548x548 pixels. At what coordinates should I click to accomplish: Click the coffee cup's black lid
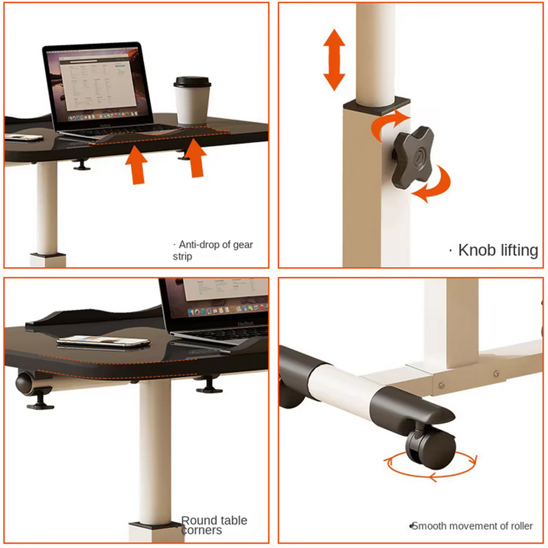pyautogui.click(x=192, y=82)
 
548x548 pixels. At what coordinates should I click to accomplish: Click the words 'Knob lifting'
pyautogui.click(x=498, y=250)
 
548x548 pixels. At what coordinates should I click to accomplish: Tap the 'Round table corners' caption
pyautogui.click(x=214, y=525)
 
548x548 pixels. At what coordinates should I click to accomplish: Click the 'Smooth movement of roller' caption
pyautogui.click(x=471, y=526)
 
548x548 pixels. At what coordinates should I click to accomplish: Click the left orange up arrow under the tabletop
pyautogui.click(x=136, y=165)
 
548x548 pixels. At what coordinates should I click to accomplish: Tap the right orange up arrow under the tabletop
pyautogui.click(x=194, y=158)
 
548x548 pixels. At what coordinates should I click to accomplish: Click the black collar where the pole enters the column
pyautogui.click(x=376, y=103)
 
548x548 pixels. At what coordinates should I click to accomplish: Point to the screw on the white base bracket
pyautogui.click(x=495, y=374)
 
